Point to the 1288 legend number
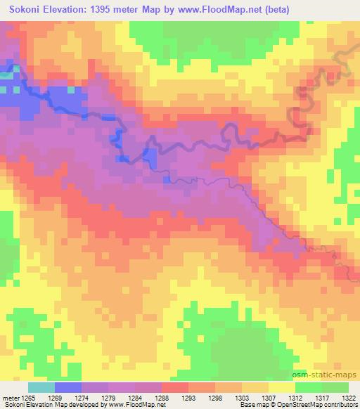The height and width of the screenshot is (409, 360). [x=162, y=397]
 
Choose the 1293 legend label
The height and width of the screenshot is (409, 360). [x=188, y=397]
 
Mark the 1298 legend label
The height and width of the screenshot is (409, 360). [x=215, y=397]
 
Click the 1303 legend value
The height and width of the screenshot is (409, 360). [x=242, y=397]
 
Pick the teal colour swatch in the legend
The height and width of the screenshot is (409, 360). [x=41, y=387]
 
